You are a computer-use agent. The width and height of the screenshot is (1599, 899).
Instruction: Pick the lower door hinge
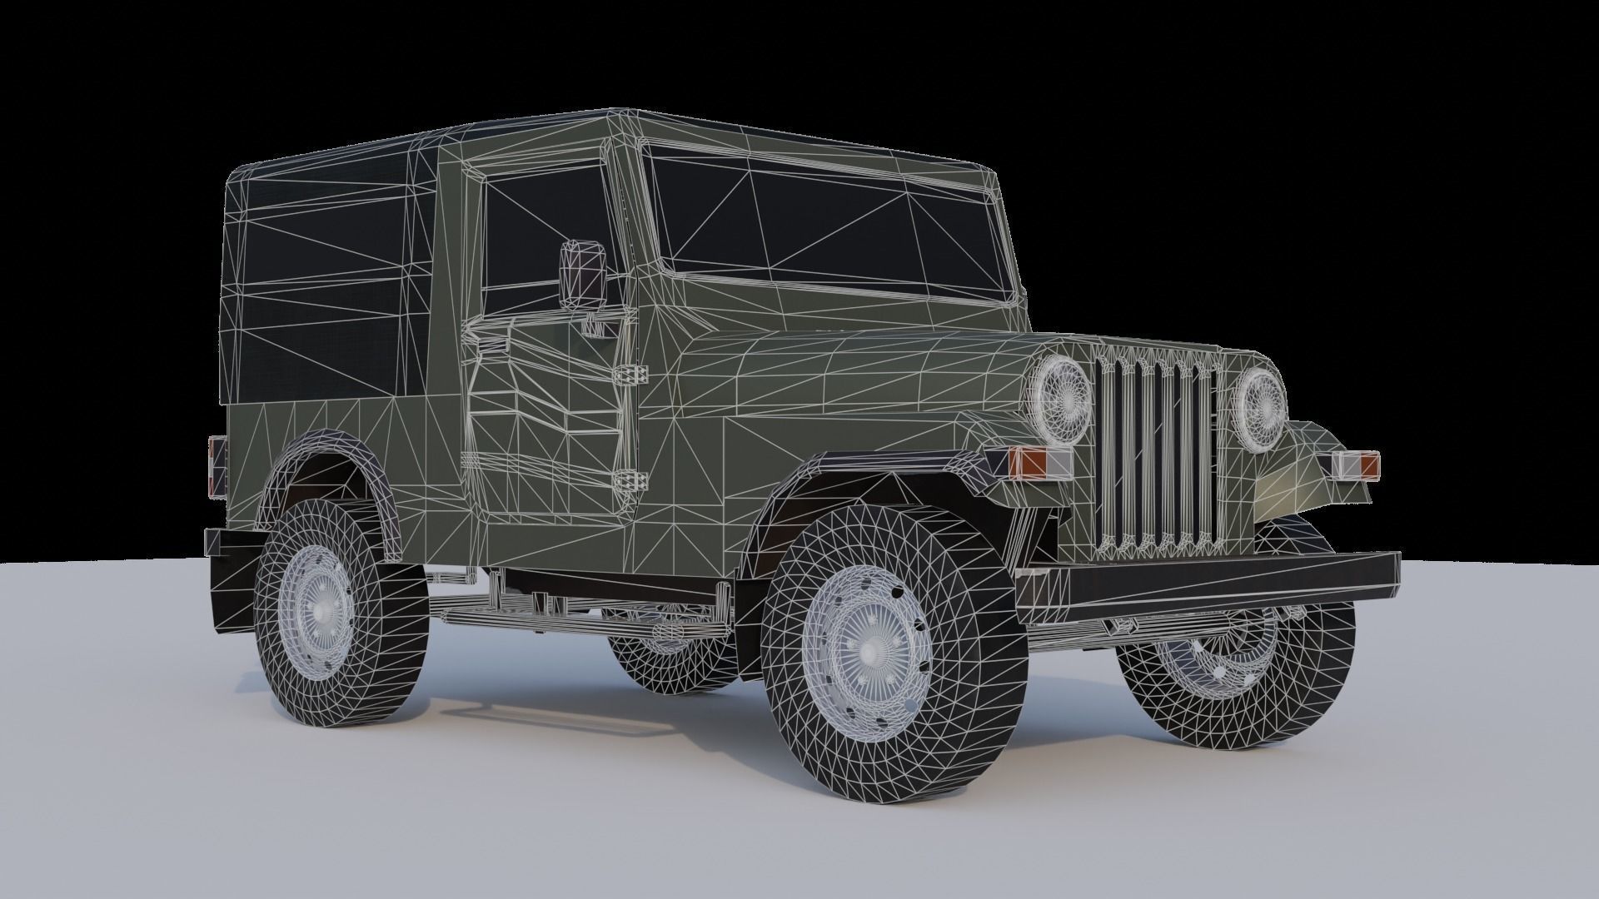tap(630, 480)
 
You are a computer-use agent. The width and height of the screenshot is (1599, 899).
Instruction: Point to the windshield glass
tap(833, 221)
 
